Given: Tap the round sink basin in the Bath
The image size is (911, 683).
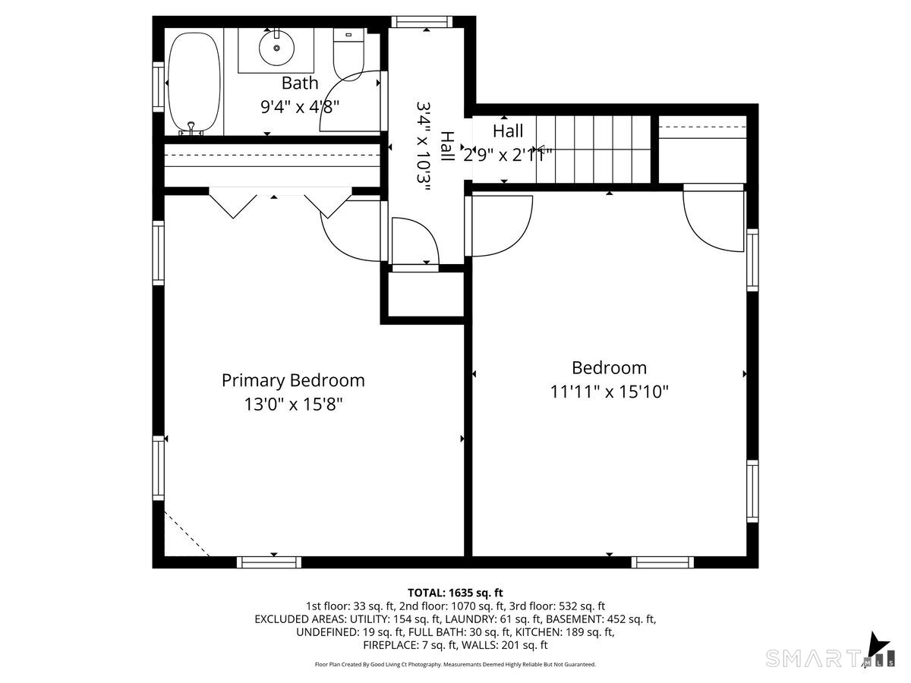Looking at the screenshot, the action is point(276,48).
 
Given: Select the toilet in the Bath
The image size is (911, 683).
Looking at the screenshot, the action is point(348,53).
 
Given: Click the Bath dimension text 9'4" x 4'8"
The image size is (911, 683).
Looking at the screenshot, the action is point(300,107).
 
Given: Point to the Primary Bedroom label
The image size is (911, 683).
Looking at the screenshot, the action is point(293,380).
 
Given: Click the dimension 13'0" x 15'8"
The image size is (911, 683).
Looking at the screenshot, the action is point(293,404).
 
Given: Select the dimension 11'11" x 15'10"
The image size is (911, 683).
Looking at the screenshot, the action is point(609,392).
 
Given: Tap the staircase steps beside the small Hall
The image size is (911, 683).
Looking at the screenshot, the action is point(593,149).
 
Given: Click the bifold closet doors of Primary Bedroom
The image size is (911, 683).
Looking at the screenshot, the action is point(281,203).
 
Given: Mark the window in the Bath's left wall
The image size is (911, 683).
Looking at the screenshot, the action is point(159,87).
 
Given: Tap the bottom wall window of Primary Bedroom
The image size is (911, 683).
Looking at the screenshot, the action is point(269,562).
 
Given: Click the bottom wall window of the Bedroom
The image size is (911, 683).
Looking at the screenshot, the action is point(663,562).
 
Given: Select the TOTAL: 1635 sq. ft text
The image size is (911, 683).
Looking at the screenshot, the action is point(455,593).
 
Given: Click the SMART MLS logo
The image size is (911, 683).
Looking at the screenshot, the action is point(830,658).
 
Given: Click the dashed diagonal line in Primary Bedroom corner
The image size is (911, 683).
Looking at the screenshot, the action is point(187,533).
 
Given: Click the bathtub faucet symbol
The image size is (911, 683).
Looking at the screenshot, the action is point(191,128).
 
